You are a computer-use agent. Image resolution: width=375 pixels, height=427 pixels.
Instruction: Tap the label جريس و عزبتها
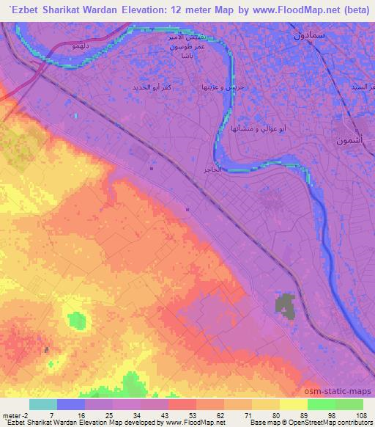(218, 87)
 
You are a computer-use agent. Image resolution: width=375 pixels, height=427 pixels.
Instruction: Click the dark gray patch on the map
(286, 307)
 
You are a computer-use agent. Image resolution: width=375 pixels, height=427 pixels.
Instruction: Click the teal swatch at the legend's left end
(42, 404)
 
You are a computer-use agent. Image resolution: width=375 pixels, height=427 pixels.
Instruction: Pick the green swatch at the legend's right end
(349, 404)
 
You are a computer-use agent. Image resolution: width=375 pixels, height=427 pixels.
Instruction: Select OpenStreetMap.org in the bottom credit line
(343, 423)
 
